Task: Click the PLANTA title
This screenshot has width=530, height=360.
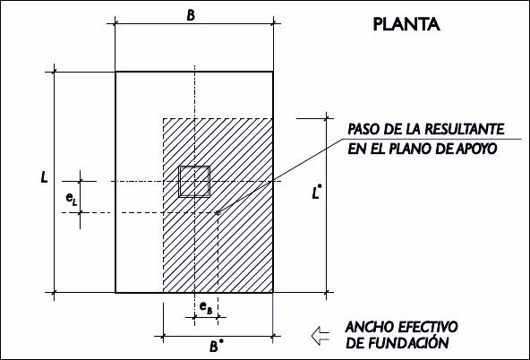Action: [406, 24]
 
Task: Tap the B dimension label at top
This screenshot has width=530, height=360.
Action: [191, 15]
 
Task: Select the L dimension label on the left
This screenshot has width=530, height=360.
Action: [44, 177]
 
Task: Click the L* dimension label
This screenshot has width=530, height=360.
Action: [316, 193]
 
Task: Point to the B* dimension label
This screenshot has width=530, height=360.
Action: [216, 346]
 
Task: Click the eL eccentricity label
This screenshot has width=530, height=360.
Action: [72, 198]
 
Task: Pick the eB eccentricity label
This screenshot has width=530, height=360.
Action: [206, 308]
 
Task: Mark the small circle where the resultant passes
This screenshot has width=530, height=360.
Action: [218, 212]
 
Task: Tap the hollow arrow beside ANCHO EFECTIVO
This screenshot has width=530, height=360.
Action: [320, 336]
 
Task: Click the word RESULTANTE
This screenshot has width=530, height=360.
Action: [464, 129]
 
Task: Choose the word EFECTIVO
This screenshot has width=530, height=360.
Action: [428, 327]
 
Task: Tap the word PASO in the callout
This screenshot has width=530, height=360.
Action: [362, 129]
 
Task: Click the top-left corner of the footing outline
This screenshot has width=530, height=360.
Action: [115, 72]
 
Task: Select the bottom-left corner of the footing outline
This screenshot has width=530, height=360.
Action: [115, 293]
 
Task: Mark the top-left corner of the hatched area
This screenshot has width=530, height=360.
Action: [163, 118]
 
